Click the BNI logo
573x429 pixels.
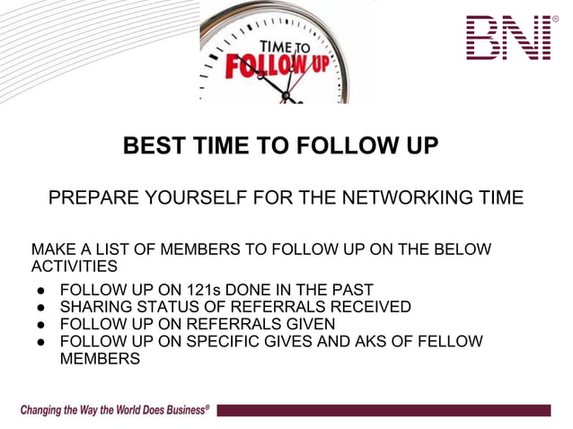[509, 38]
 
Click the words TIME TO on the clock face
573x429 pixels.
[285, 48]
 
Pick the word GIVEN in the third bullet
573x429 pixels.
[307, 324]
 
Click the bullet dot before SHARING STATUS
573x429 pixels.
[40, 308]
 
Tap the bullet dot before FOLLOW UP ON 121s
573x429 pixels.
[40, 291]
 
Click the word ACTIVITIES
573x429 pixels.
[75, 267]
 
